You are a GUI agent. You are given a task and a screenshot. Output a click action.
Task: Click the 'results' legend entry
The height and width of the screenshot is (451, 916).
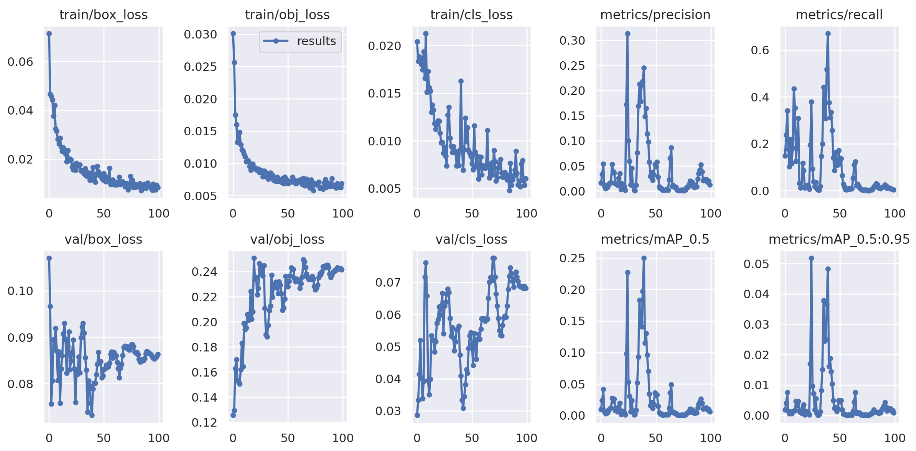tap(316, 41)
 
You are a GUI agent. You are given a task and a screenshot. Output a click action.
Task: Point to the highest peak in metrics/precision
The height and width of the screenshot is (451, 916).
tap(628, 34)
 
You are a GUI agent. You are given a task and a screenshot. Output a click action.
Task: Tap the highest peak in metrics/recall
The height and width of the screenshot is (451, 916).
tap(828, 34)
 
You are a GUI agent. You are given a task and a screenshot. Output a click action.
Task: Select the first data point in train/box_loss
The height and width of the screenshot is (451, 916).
tap(49, 34)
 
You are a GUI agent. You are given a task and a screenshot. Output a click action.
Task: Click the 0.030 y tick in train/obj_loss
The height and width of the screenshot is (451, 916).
tap(200, 35)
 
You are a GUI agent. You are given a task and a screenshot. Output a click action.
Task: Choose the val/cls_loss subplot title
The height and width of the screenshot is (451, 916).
tap(471, 239)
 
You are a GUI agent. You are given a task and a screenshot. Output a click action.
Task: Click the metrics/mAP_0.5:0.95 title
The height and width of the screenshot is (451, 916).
tap(839, 239)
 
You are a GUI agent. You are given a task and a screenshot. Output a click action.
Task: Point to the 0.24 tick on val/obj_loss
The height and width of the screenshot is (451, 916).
tap(204, 272)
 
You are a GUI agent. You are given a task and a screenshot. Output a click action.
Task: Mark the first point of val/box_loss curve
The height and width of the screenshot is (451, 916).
tap(49, 258)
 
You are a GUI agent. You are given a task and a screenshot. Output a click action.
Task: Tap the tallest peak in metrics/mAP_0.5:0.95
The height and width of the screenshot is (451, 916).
tap(811, 258)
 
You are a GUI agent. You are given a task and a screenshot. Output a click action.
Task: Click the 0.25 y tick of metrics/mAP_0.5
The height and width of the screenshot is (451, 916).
tap(572, 258)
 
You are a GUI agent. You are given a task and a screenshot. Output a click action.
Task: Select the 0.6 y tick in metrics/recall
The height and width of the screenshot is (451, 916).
tap(759, 51)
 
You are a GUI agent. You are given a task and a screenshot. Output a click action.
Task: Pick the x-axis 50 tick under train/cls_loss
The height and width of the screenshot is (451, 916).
tap(472, 213)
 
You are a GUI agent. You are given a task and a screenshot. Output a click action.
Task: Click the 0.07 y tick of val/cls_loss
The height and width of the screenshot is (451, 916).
tap(388, 282)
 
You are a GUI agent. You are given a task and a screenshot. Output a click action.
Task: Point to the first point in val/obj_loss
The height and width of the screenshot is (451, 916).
tap(233, 415)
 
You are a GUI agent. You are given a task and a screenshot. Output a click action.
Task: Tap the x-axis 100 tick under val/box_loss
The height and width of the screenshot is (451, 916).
tap(159, 438)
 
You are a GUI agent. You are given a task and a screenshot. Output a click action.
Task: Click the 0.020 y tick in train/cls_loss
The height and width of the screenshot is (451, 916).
tap(384, 46)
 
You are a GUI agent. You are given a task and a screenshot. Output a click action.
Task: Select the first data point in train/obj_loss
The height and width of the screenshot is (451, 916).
tap(233, 34)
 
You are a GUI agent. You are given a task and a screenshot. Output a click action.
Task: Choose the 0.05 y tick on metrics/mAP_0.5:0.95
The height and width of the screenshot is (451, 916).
tap(756, 264)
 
